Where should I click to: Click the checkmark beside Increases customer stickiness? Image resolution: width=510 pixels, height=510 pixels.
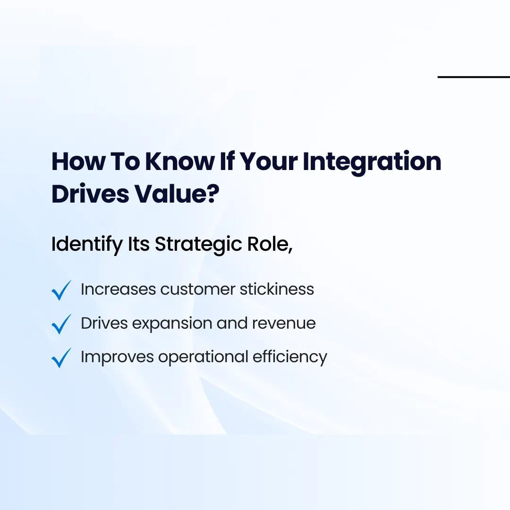[x=61, y=290]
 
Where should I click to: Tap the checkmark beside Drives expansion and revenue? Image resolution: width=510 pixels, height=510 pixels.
[x=61, y=324]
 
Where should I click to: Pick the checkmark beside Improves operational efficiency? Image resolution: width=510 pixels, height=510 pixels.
[x=61, y=357]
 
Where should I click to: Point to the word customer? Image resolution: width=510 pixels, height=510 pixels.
[x=197, y=289]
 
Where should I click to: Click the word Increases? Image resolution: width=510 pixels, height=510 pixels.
[x=118, y=289]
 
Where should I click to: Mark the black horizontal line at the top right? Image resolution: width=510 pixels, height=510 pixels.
[x=474, y=77]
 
